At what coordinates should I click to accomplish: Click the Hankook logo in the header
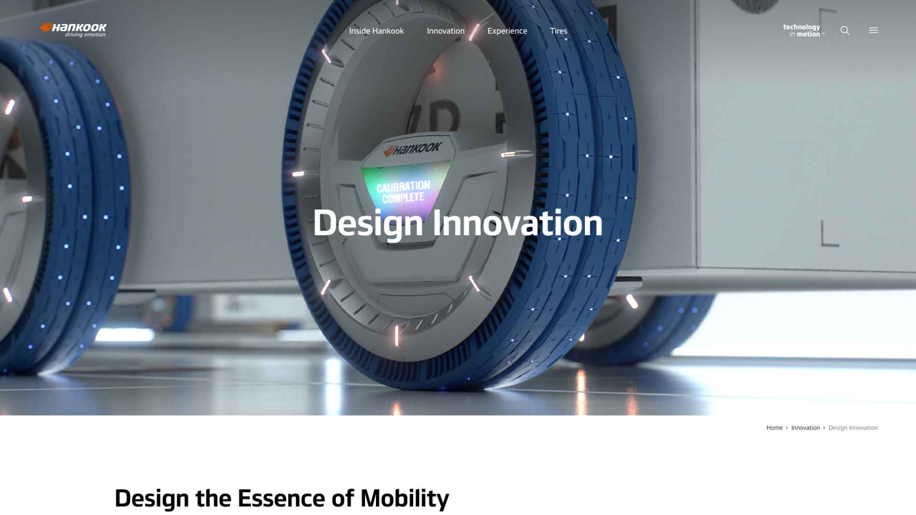[73, 30]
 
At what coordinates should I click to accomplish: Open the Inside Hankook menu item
[376, 31]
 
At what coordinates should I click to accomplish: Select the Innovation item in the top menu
[445, 31]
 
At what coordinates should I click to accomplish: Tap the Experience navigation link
[507, 31]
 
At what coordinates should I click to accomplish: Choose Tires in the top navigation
[558, 31]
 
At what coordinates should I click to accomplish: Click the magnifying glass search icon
[845, 30]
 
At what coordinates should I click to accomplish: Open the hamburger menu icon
[874, 30]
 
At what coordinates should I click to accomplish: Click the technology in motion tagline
[803, 30]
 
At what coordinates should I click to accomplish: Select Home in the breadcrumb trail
[774, 428]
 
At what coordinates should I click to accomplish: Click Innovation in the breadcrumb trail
[805, 428]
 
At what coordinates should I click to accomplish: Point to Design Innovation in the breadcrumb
[853, 428]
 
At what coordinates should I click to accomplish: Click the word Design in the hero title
[368, 224]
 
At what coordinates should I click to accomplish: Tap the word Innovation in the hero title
[517, 223]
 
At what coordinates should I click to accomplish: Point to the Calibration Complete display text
[403, 192]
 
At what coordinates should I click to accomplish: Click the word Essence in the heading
[281, 498]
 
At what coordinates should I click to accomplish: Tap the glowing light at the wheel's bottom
[397, 336]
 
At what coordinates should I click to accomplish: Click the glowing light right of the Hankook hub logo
[508, 154]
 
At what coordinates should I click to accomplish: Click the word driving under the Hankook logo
[74, 35]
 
